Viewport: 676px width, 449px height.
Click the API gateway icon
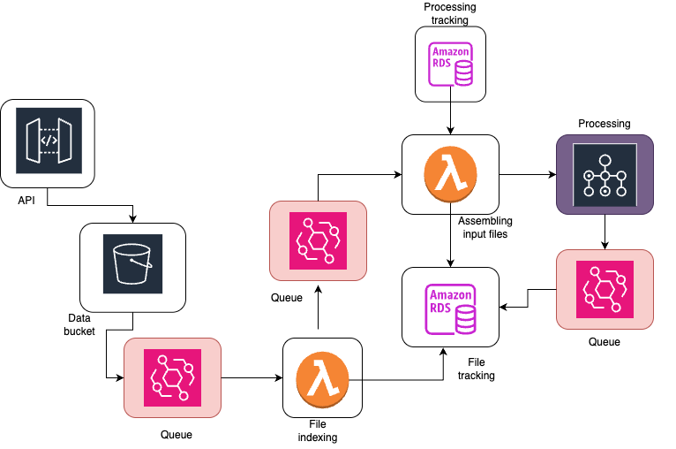coord(49,140)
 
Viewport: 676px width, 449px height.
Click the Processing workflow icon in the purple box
coord(605,174)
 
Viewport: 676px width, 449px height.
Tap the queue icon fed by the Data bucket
coord(173,377)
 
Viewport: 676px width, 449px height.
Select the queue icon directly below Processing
coord(605,290)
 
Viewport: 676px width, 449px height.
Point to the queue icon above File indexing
coord(317,240)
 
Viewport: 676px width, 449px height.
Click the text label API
coord(26,201)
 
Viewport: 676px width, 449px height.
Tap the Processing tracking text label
coord(450,13)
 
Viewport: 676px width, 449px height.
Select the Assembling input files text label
coord(485,227)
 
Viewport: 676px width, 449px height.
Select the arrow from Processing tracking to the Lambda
coord(451,118)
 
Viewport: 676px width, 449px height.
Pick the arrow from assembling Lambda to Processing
coord(527,175)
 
